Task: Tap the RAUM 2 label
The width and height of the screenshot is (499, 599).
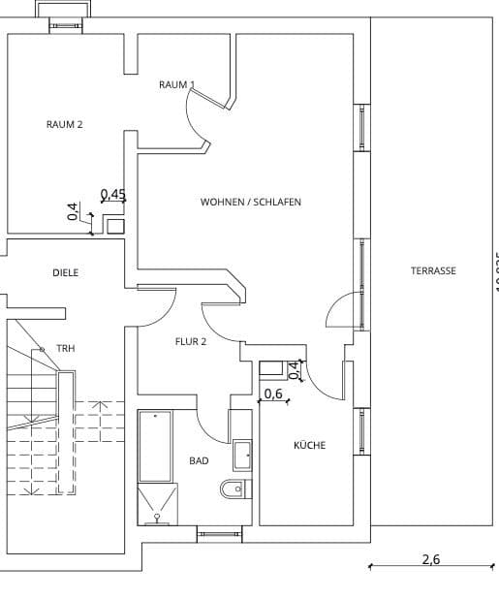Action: [x=64, y=124]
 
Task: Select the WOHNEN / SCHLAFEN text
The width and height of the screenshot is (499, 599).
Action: [x=250, y=203]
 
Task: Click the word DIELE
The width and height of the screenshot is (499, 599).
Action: [x=65, y=273]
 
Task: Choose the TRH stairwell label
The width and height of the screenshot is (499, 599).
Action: [x=65, y=348]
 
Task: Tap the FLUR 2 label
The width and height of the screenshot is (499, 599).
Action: [x=190, y=341]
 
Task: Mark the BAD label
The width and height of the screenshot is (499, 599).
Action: [x=199, y=461]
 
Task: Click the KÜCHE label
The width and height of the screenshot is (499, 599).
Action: [x=309, y=446]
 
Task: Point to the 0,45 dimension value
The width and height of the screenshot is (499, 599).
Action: [x=113, y=195]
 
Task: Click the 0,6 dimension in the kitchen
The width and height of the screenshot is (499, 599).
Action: [x=273, y=394]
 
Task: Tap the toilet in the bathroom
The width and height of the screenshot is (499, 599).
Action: [x=233, y=489]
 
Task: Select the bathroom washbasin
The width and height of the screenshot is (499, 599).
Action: [x=240, y=453]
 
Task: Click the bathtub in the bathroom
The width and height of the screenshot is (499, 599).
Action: [x=155, y=446]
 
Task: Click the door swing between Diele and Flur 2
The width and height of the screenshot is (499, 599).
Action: [x=157, y=308]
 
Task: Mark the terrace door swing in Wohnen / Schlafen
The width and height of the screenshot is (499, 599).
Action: [x=340, y=310]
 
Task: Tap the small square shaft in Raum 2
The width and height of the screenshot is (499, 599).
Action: [x=115, y=227]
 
